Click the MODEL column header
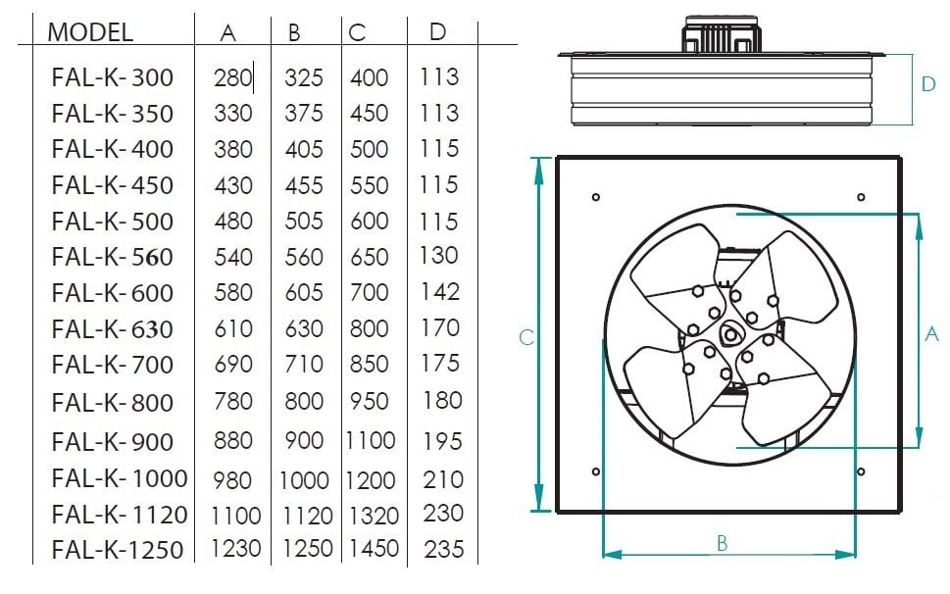[90, 32]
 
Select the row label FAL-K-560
[113, 257]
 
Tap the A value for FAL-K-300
[232, 77]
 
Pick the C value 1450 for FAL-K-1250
[374, 549]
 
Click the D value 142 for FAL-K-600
[440, 292]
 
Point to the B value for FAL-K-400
[304, 149]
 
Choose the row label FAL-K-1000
[120, 478]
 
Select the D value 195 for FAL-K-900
[442, 441]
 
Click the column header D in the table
[437, 32]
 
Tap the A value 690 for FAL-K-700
[233, 365]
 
